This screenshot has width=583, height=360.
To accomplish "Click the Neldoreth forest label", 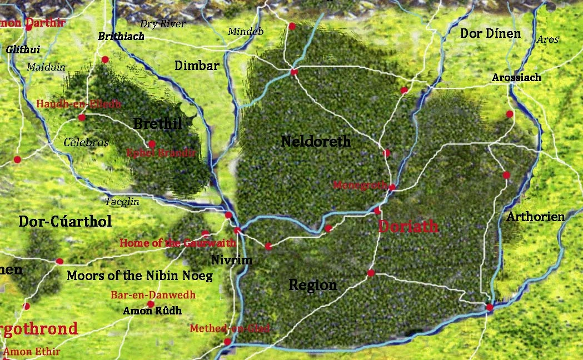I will point(316,142).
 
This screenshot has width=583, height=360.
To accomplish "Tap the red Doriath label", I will point(408,227).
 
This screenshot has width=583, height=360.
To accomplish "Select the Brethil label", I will point(157,123).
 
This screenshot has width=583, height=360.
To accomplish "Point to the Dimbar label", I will point(197,66).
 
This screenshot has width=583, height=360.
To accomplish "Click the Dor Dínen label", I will point(490,34).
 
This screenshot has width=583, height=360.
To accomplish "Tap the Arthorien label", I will point(535,217).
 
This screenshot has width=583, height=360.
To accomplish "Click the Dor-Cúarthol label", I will point(65,222).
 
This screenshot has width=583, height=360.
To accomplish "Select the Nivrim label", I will point(232,260).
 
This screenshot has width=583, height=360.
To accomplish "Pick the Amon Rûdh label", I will point(152,311).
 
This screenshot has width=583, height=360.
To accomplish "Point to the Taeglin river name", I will point(122,202).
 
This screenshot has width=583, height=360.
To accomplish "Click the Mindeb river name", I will point(245,32).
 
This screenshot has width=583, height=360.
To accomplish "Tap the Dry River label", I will point(162,24).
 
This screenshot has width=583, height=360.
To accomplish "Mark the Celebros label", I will point(86,143).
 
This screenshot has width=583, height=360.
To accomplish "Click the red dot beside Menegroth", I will point(392,187).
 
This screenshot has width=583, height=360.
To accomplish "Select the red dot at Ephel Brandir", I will point(151,144).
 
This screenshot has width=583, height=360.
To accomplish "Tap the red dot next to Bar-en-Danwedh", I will point(151,304).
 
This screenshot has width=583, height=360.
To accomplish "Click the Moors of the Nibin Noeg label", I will point(139,276).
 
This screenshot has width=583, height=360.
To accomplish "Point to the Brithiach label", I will point(121,37).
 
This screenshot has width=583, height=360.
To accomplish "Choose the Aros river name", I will point(547,40).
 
